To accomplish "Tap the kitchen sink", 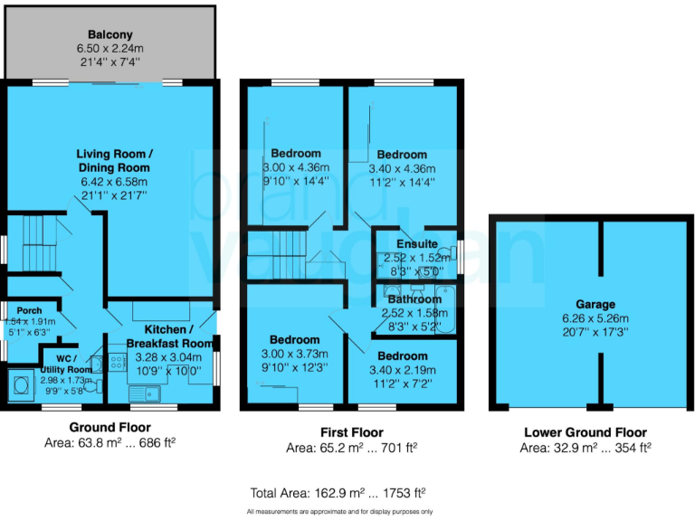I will tap(145, 393).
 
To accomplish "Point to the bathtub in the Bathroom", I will tap(447, 311).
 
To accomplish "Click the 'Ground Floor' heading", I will tap(110, 428).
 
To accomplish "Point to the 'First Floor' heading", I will tap(352, 432).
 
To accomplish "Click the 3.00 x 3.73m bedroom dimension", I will tap(296, 354).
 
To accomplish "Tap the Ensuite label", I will tap(417, 244).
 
